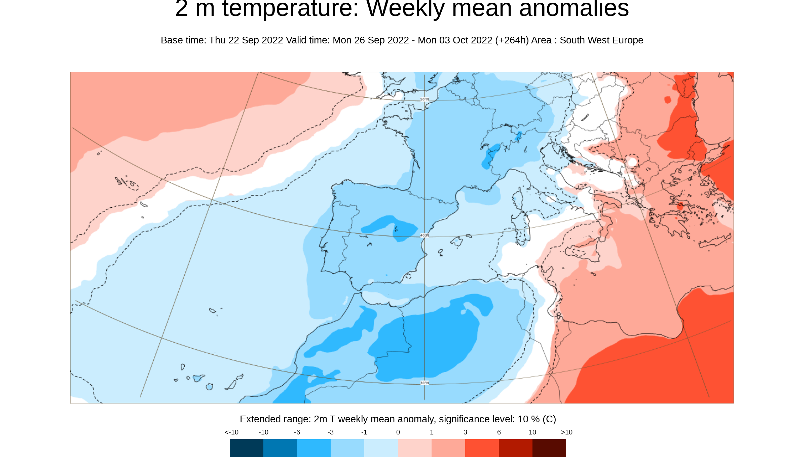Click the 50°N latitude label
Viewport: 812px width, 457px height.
coord(425,99)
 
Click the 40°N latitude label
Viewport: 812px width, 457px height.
coord(425,235)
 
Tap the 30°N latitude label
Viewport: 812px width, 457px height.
coord(425,383)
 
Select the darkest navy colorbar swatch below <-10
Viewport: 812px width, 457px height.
coord(246,448)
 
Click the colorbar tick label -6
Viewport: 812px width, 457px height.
coord(297,432)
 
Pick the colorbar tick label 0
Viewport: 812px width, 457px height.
coord(398,432)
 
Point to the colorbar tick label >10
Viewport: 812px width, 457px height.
coord(566,432)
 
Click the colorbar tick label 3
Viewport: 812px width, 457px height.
coord(465,432)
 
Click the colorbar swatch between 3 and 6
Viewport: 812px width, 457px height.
coord(482,448)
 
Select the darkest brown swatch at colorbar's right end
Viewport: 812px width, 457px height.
coord(549,448)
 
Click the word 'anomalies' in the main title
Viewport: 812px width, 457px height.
coord(574,9)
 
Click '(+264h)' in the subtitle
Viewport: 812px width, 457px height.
coord(511,40)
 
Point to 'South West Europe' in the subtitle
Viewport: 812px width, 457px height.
coord(601,40)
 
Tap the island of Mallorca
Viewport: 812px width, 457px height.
coord(457,242)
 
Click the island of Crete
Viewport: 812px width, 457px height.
coord(715,242)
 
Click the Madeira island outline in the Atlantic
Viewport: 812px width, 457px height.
coord(212,310)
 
